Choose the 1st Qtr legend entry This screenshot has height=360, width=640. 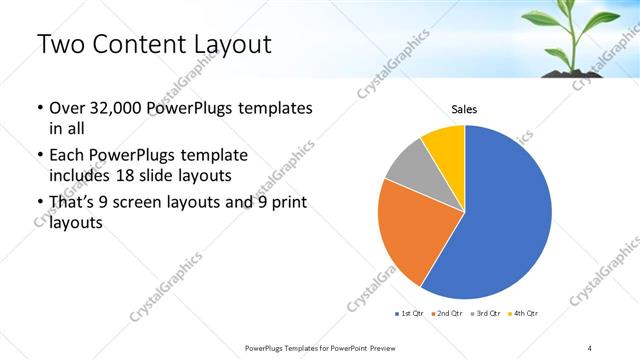click(x=411, y=314)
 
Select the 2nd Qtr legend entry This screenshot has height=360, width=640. click(x=447, y=314)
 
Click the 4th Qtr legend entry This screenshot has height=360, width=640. click(x=522, y=314)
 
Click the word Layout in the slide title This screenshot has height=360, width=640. click(x=229, y=45)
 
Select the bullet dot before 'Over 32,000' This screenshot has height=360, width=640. click(x=39, y=108)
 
